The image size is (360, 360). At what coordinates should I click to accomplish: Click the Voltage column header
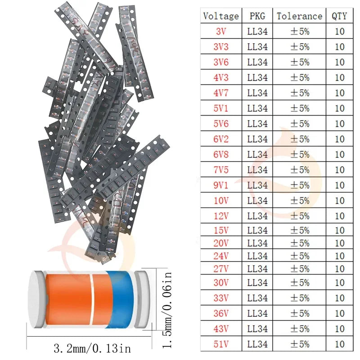click(221, 16)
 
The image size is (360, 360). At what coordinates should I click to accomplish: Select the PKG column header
click(257, 16)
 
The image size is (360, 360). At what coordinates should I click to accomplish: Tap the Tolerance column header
click(299, 16)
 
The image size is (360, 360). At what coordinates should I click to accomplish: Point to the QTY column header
click(339, 16)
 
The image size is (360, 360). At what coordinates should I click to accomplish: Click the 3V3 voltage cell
click(221, 47)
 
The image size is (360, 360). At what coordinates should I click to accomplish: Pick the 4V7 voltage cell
click(221, 93)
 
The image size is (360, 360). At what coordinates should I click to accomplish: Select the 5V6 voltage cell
click(221, 123)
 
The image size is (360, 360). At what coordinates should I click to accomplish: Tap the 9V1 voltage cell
click(221, 185)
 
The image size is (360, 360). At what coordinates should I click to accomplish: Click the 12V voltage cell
click(221, 216)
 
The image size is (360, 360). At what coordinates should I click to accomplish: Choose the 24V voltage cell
click(221, 256)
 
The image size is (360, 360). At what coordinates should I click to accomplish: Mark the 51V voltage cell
click(221, 344)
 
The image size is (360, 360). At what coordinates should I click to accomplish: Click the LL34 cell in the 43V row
click(257, 328)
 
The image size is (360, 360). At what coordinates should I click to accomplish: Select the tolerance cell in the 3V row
click(299, 31)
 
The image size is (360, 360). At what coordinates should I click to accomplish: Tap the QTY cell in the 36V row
click(339, 313)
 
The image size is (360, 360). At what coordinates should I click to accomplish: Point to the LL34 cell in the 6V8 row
click(257, 154)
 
